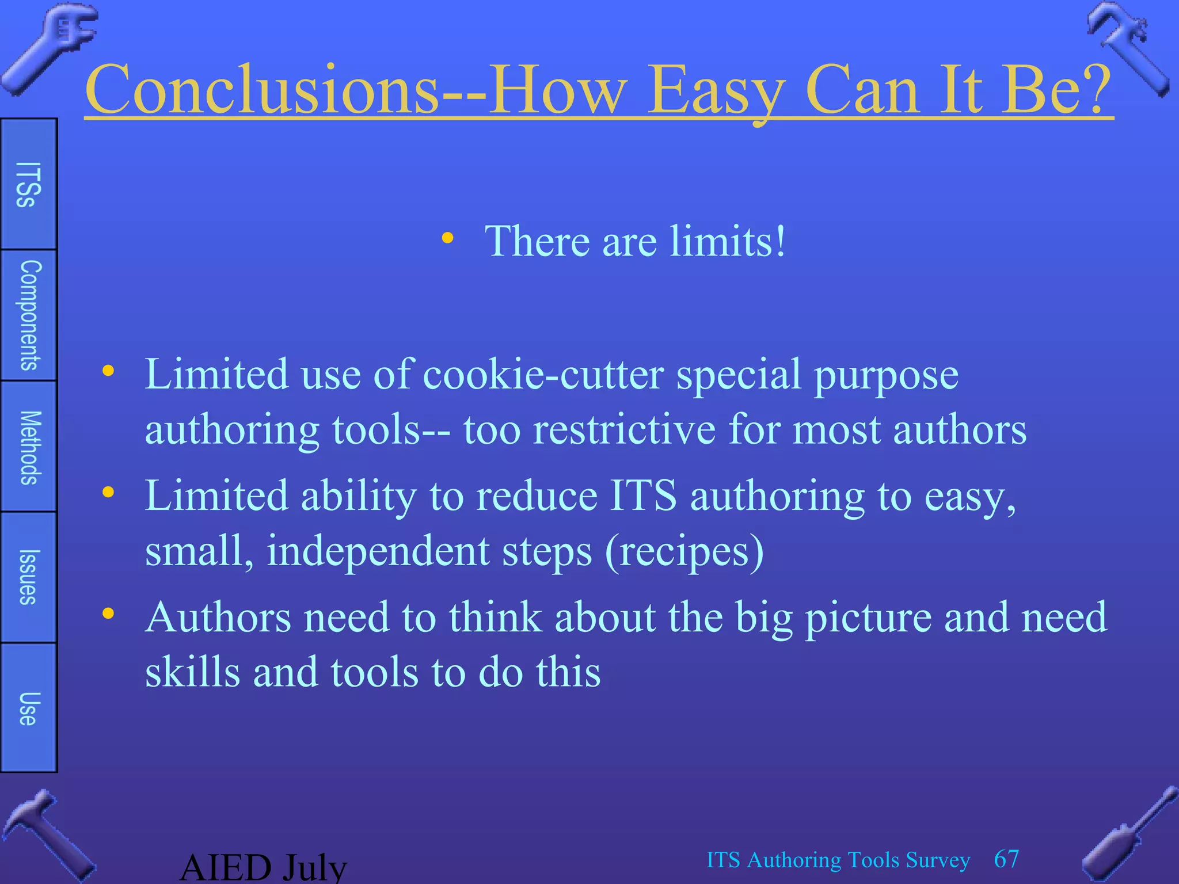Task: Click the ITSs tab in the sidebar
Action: click(x=28, y=184)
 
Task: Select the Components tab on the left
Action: click(x=29, y=315)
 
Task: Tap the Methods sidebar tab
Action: click(x=29, y=447)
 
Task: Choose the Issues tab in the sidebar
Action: click(x=29, y=577)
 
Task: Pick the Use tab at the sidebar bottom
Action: click(x=29, y=708)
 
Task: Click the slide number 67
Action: click(x=1006, y=859)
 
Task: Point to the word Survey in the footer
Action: click(x=938, y=860)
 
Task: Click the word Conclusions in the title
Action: click(x=262, y=89)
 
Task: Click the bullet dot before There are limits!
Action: click(x=447, y=238)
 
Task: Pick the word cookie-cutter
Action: click(x=543, y=375)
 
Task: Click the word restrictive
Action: click(x=624, y=429)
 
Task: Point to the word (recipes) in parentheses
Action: click(x=684, y=551)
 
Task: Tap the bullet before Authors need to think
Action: click(x=108, y=614)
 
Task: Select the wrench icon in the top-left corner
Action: click(x=49, y=46)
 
